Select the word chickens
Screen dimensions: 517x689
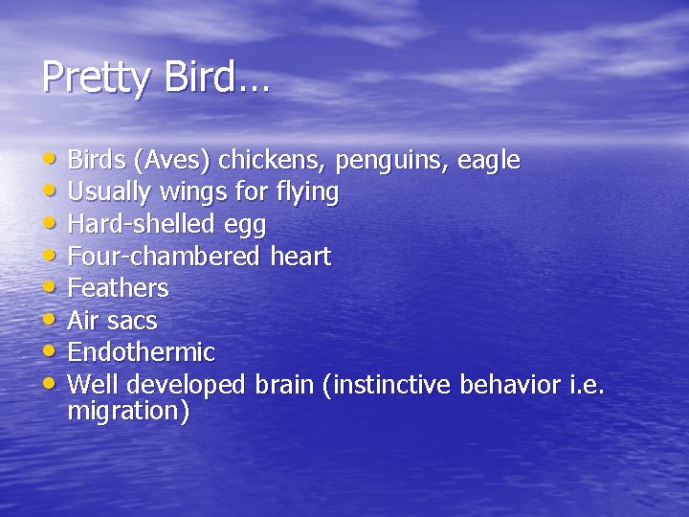(283, 160)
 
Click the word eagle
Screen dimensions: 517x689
(489, 160)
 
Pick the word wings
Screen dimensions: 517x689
(192, 192)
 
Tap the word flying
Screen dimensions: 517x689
(305, 192)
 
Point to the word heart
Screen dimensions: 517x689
(300, 257)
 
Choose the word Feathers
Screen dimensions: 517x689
(118, 288)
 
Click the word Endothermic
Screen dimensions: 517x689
(141, 352)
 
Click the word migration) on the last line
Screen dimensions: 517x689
(129, 413)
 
